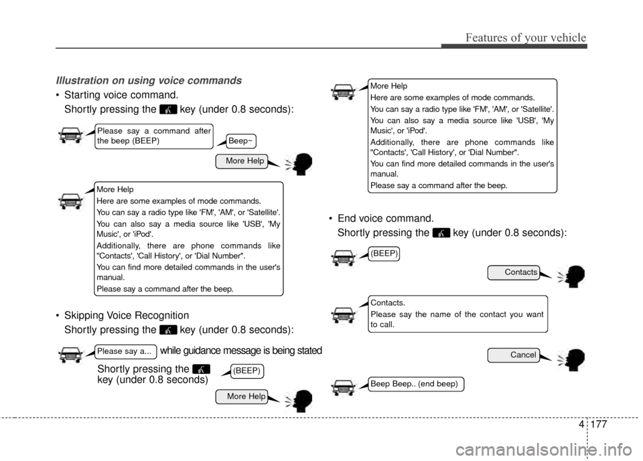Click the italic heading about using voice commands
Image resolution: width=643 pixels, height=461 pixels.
(149, 80)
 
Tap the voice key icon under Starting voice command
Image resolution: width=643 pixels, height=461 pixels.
(169, 108)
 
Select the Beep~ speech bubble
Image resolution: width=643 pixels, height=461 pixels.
(240, 141)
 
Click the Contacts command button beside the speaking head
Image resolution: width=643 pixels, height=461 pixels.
(513, 272)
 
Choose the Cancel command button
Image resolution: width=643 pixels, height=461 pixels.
(513, 355)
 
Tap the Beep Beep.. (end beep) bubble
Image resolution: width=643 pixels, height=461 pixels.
(415, 384)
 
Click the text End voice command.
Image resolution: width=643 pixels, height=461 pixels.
(384, 218)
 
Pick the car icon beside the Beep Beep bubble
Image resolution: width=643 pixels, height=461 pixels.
(344, 387)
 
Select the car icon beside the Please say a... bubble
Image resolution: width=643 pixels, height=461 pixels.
(71, 354)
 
